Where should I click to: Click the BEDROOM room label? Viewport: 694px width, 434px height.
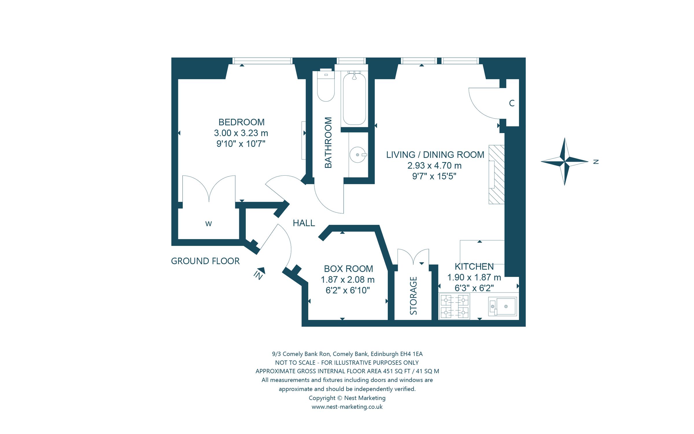coord(241,122)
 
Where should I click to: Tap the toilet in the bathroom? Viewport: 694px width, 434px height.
coord(326,85)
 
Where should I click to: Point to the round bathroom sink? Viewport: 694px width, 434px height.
coord(358,155)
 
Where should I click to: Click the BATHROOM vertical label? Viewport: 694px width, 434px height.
coord(328,143)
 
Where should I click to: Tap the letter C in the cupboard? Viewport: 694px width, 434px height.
coord(512,103)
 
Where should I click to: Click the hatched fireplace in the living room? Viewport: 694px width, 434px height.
coord(496,174)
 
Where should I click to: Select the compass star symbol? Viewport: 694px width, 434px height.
coord(564,161)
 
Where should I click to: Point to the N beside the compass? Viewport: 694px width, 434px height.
coord(596,162)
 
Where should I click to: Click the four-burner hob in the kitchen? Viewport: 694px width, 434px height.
coord(454,306)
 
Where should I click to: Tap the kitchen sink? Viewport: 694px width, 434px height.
coord(503,306)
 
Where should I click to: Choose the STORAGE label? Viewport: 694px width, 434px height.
coord(414,296)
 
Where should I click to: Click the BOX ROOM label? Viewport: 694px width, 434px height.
coord(348,269)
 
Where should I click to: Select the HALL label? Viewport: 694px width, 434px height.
coord(304,223)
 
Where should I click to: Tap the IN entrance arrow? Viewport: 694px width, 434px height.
coord(259,273)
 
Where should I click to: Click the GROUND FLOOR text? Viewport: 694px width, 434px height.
coord(205,261)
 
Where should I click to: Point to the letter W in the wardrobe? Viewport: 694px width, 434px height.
coord(208,224)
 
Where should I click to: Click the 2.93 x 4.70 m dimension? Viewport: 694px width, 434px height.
coord(434,165)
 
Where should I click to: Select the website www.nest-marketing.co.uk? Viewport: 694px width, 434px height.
coord(347,407)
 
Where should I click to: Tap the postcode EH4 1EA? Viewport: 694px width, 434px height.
coord(411,354)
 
